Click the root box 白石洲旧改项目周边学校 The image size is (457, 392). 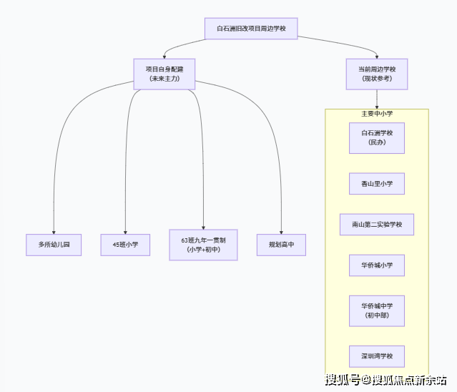[x=251, y=29]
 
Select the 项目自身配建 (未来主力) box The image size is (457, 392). [x=164, y=74]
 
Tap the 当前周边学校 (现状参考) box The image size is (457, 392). [x=377, y=74]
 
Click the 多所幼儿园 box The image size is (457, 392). [x=54, y=245]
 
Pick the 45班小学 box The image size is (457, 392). [x=125, y=245]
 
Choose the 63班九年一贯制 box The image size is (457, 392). [x=203, y=245]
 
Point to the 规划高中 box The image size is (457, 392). [x=281, y=245]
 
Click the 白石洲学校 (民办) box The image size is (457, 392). [x=377, y=138]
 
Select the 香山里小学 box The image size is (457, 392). [x=377, y=183]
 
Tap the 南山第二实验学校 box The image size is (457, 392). [x=377, y=225]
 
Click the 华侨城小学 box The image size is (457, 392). [x=377, y=265]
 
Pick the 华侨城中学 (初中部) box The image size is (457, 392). [x=377, y=310]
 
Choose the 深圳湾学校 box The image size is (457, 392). [x=377, y=356]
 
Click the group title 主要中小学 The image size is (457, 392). [x=377, y=114]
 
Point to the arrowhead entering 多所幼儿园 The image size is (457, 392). [x=54, y=230]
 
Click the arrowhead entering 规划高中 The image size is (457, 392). [x=281, y=230]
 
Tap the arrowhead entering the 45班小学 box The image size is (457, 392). [x=125, y=230]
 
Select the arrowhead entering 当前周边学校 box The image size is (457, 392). [x=377, y=56]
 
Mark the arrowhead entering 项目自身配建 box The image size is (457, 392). [x=164, y=56]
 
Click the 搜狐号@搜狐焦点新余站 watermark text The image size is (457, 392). [x=386, y=379]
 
